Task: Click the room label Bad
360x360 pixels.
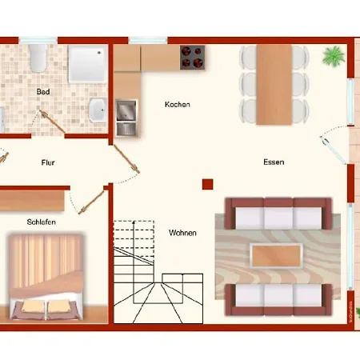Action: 43,92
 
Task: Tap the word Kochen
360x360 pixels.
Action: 177,105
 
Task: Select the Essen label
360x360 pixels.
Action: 274,162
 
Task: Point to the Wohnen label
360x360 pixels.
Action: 182,233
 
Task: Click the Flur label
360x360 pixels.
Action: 48,162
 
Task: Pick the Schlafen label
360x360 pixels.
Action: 41,222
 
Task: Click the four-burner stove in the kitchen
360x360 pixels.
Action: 192,57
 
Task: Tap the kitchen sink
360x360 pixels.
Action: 126,117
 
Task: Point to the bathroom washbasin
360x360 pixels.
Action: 98,110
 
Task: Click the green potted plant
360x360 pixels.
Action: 331,56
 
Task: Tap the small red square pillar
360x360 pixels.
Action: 207,183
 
